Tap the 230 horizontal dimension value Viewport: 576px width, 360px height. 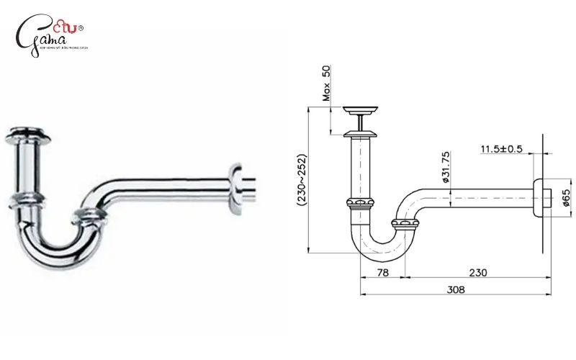[x=477, y=272]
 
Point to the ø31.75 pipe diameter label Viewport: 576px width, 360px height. [x=446, y=166]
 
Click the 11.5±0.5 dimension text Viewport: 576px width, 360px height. [x=501, y=149]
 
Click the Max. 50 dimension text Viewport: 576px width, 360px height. [x=326, y=82]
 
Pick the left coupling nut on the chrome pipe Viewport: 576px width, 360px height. [x=27, y=199]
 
